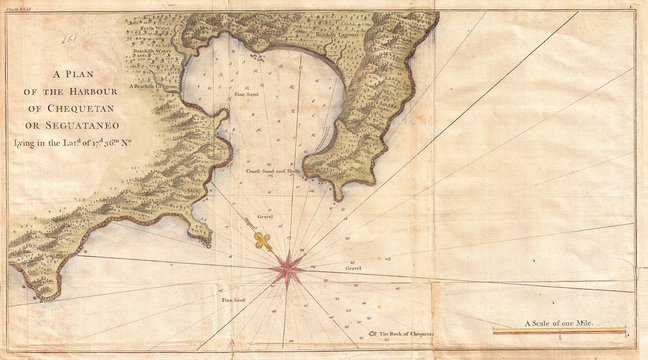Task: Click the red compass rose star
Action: (x=287, y=266)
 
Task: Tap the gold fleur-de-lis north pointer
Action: (x=263, y=240)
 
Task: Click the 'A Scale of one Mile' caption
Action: (x=559, y=323)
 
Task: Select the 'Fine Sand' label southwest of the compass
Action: (x=232, y=299)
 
